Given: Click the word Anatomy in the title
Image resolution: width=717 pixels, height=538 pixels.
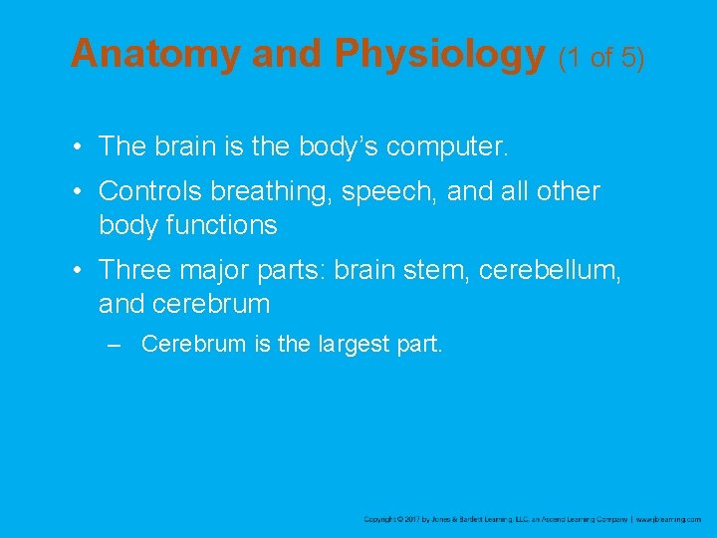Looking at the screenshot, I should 156,54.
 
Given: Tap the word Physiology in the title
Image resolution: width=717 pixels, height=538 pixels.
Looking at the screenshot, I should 440,56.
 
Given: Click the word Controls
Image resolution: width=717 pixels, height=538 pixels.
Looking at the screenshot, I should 159,190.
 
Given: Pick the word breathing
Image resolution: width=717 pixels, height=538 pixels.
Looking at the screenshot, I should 281,192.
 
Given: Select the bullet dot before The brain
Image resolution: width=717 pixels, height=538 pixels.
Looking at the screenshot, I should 77,147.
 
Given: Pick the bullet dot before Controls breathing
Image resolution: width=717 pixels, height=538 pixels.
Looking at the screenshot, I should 77,190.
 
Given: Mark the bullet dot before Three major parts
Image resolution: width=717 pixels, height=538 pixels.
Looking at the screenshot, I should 77,269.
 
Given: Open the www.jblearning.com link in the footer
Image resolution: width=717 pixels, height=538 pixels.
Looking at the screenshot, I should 668,519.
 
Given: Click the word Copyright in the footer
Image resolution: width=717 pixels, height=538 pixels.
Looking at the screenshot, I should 381,519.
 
